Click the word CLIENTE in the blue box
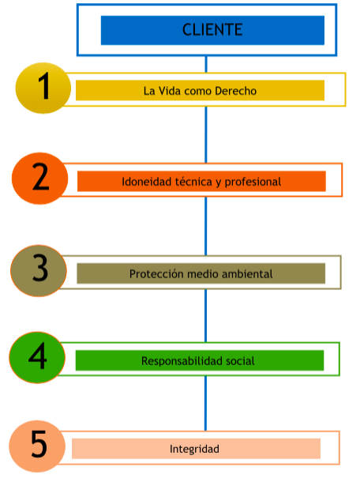pyautogui.click(x=212, y=30)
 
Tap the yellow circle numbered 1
pyautogui.click(x=43, y=88)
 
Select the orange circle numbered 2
pyautogui.click(x=40, y=179)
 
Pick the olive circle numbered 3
pyautogui.click(x=39, y=270)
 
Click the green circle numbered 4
pyautogui.click(x=37, y=357)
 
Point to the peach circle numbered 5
pyautogui.click(x=37, y=446)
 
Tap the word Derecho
pyautogui.click(x=235, y=91)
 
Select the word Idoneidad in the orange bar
pyautogui.click(x=147, y=182)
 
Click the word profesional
pyautogui.click(x=253, y=183)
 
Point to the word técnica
pyautogui.click(x=193, y=182)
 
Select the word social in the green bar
pyautogui.click(x=240, y=361)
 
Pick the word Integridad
pyautogui.click(x=194, y=450)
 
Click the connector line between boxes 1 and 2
pyautogui.click(x=206, y=134)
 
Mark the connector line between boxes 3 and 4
pyautogui.click(x=206, y=316)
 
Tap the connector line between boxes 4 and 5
pyautogui.click(x=206, y=403)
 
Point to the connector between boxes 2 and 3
pyautogui.click(x=206, y=226)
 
